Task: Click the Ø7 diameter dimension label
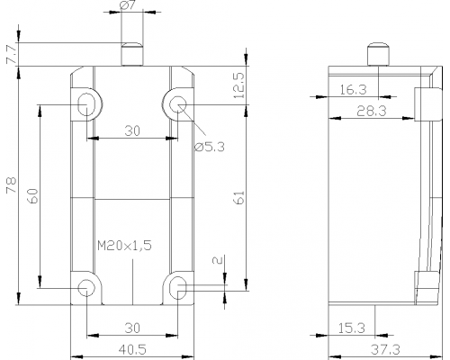[129, 5]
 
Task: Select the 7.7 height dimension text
[12, 54]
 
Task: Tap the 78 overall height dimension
[12, 185]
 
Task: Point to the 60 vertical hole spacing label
[32, 196]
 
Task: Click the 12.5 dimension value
[239, 85]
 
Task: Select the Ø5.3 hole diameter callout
[210, 148]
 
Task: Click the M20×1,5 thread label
[124, 246]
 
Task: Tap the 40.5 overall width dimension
[132, 349]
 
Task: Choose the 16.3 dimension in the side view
[353, 90]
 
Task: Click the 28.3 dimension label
[372, 112]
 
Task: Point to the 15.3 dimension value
[352, 328]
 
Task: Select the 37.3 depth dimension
[385, 349]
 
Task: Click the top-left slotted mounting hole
[86, 104]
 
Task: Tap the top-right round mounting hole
[178, 104]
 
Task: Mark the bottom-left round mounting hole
[86, 288]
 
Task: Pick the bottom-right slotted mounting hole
[178, 288]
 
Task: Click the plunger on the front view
[132, 54]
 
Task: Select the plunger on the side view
[378, 54]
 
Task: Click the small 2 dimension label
[219, 260]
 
